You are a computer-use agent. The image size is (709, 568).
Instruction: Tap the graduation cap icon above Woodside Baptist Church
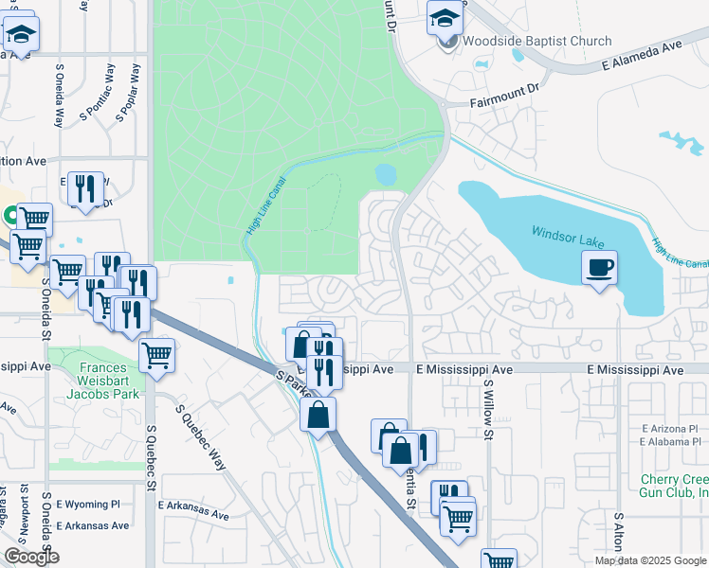click(445, 17)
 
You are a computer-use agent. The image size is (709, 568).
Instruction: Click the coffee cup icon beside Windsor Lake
click(599, 268)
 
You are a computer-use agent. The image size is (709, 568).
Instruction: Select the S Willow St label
click(490, 410)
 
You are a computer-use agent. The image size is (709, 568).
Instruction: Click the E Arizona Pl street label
click(669, 429)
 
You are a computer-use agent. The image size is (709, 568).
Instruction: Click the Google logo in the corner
click(31, 557)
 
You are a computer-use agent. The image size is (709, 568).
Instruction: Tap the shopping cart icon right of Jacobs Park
click(157, 356)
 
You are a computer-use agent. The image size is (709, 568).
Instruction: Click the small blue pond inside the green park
click(386, 174)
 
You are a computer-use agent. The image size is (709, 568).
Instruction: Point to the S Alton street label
click(618, 533)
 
